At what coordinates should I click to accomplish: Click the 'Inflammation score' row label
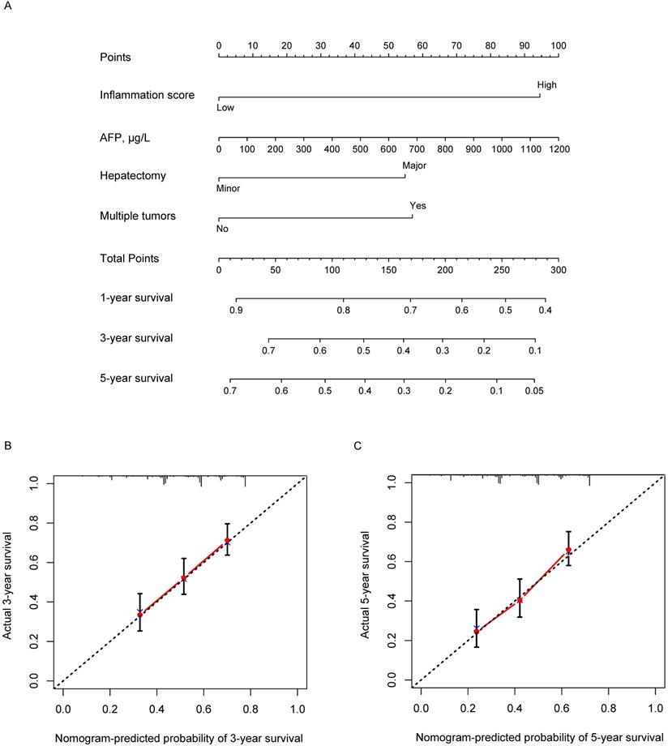(147, 95)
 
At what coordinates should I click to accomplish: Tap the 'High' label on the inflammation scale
(546, 84)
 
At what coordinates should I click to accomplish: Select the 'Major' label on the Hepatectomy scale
(414, 165)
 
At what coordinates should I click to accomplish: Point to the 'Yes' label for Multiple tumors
(417, 206)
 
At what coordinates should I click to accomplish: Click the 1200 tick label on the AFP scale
(557, 150)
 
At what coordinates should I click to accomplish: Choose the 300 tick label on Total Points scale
(557, 269)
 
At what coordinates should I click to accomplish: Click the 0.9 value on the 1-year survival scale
(236, 311)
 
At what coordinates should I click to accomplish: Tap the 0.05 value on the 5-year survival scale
(533, 391)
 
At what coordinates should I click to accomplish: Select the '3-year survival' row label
(137, 337)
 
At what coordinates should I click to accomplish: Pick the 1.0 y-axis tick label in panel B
(32, 484)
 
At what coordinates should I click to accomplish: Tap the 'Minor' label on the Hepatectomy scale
(228, 189)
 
